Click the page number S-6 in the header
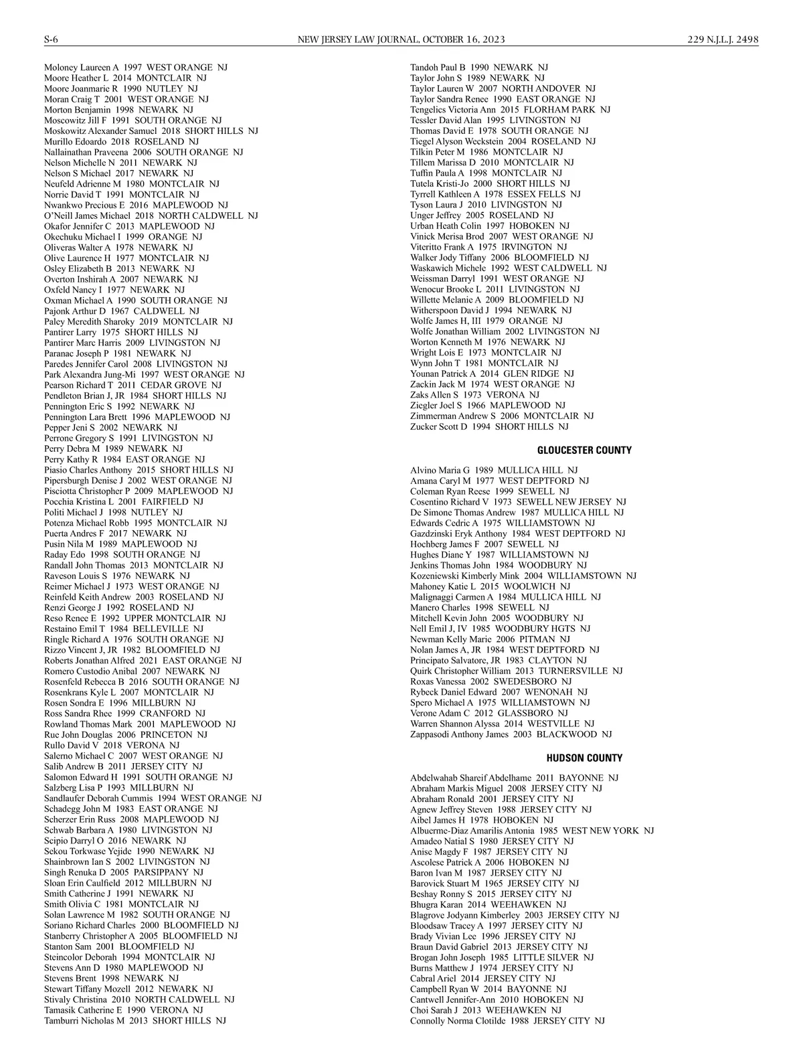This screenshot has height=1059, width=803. click(x=52, y=39)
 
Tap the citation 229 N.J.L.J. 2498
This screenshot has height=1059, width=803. click(x=723, y=39)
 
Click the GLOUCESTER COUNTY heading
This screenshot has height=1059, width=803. click(x=584, y=451)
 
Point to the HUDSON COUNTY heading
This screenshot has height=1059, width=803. click(x=584, y=758)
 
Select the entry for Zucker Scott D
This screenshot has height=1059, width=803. click(x=489, y=427)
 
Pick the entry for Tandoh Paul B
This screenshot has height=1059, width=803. click(x=478, y=68)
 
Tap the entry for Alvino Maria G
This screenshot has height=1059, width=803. click(x=494, y=471)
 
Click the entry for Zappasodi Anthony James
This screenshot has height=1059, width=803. click(x=511, y=735)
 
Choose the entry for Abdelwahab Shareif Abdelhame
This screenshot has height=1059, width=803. click(x=514, y=778)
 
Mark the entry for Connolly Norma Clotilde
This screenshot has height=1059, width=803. click(x=507, y=1021)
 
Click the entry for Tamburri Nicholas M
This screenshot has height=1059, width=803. click(x=135, y=1021)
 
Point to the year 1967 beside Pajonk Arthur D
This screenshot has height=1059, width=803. click(x=120, y=311)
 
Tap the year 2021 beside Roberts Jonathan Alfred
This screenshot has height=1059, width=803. click(x=149, y=661)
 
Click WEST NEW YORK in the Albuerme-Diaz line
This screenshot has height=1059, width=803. click(x=600, y=831)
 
